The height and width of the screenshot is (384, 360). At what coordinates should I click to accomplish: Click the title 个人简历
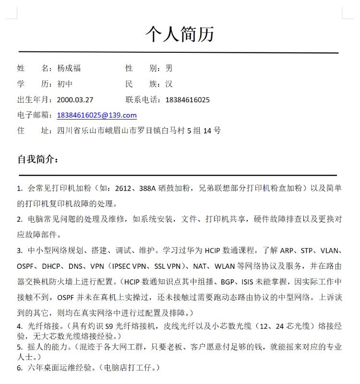coord(180,34)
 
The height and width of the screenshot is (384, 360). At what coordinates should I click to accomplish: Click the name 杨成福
coord(69,68)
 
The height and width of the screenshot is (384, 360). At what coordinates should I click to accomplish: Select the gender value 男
coord(169,68)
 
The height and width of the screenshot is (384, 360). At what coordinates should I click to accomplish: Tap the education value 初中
coord(65,84)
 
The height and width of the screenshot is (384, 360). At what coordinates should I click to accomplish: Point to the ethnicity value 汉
coord(169,84)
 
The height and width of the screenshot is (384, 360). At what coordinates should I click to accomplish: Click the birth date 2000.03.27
coord(75,100)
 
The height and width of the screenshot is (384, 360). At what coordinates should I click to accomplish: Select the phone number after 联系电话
coord(188,100)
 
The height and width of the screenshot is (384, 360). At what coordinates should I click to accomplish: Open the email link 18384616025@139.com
coord(96,115)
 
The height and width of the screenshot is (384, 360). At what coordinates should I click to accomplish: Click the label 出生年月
coord(34,100)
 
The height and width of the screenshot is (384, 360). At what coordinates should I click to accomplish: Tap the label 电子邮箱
coord(34,115)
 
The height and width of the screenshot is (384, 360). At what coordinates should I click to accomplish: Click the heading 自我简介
coord(37,159)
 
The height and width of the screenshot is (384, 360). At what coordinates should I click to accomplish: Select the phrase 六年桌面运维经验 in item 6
coord(60,368)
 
